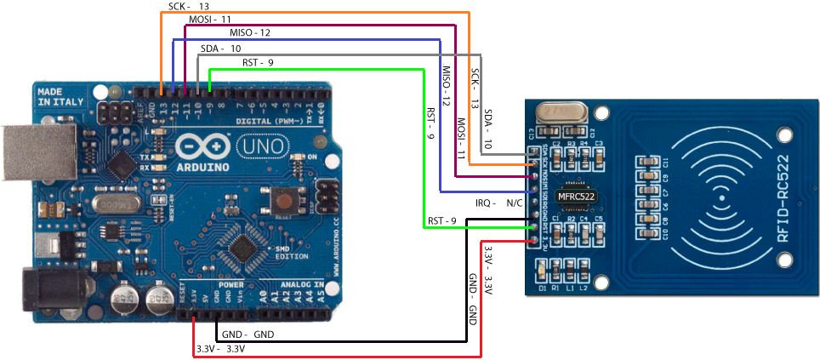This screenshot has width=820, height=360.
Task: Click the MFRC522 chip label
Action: pyautogui.click(x=576, y=197)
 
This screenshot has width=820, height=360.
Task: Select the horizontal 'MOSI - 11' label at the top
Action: pyautogui.click(x=209, y=18)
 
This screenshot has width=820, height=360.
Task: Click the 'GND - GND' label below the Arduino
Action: pyautogui.click(x=248, y=334)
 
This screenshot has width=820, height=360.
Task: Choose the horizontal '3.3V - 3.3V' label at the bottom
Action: pyautogui.click(x=220, y=349)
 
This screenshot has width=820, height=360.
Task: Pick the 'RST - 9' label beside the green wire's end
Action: pyautogui.click(x=442, y=220)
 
